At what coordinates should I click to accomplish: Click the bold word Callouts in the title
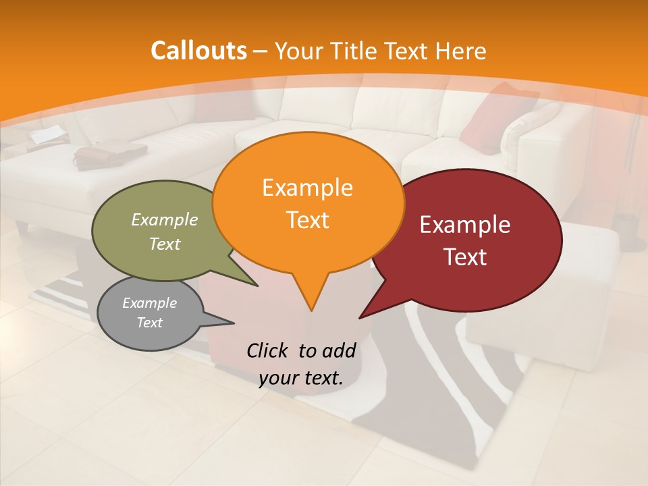(x=198, y=51)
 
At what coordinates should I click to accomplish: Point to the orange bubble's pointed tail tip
(x=311, y=311)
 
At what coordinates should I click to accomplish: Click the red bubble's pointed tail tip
(x=360, y=318)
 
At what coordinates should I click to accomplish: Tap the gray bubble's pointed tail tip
(x=234, y=322)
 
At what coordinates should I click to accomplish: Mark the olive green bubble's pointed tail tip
(x=258, y=286)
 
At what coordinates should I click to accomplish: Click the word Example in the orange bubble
(x=307, y=188)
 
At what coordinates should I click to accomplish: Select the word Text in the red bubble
(x=466, y=257)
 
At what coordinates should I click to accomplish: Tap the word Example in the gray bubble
(x=149, y=303)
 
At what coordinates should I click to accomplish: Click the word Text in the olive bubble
(x=165, y=244)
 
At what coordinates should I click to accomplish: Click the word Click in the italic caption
(x=269, y=350)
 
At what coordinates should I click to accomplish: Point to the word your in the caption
(x=279, y=378)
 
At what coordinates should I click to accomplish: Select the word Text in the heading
(x=407, y=51)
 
